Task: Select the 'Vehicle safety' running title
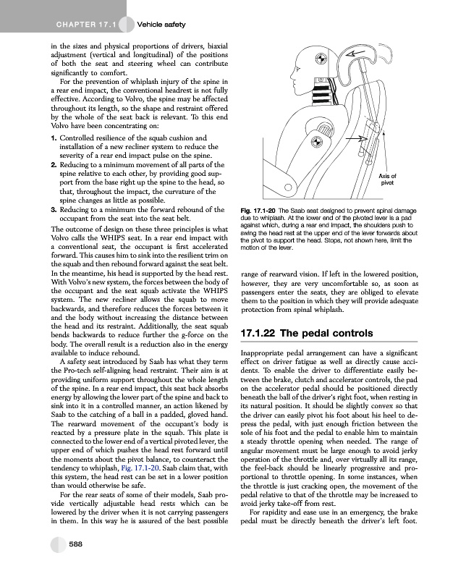click(161, 25)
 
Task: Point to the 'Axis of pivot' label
click(388, 180)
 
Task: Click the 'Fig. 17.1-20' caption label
click(253, 210)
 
